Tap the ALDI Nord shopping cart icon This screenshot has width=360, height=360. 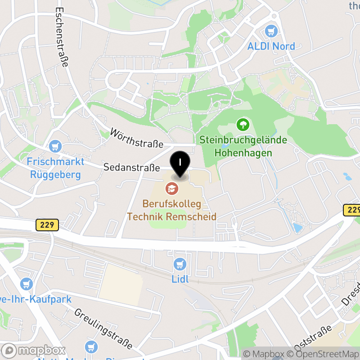[x=271, y=31]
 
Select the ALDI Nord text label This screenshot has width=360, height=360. [x=271, y=46]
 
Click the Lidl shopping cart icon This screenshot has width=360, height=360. [x=180, y=264]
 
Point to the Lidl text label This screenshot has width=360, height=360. [x=180, y=279]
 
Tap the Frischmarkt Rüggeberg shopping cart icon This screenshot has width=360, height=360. [x=55, y=146]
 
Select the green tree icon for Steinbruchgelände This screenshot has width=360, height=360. [x=243, y=123]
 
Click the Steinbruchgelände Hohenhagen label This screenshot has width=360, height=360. [x=243, y=146]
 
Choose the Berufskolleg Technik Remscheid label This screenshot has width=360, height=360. [x=172, y=210]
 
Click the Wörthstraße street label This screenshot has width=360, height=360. [x=137, y=138]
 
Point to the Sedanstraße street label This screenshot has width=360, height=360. [x=131, y=168]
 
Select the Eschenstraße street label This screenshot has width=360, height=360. [x=62, y=37]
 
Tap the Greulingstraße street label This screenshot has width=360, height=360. [x=103, y=329]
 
